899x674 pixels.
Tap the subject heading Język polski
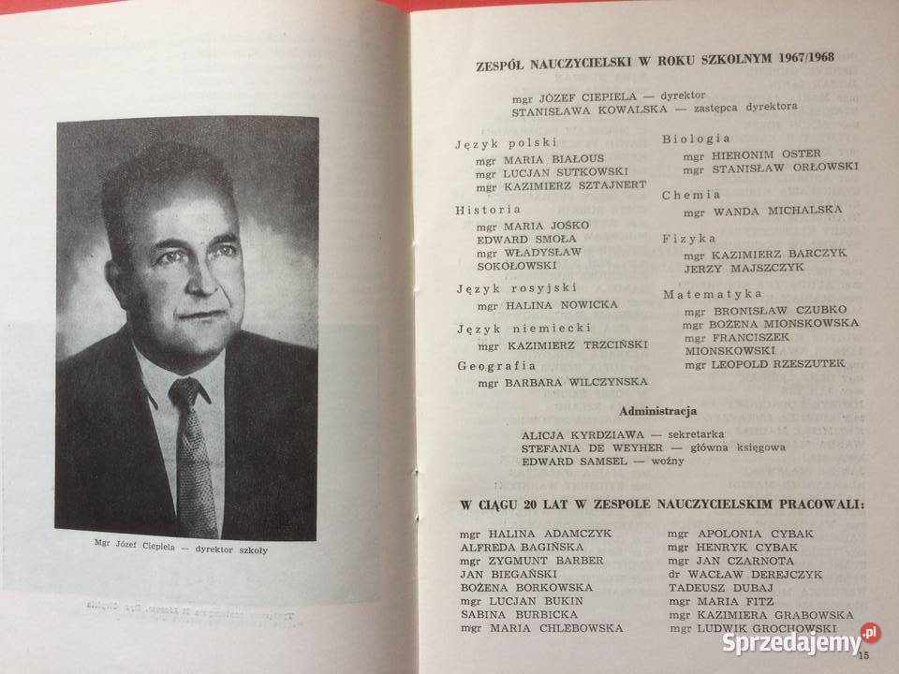(x=507, y=142)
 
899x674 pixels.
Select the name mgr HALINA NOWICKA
(x=547, y=305)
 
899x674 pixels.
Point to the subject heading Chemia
(x=691, y=195)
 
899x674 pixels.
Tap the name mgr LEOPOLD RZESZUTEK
(x=764, y=362)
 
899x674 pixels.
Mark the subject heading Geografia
(x=496, y=365)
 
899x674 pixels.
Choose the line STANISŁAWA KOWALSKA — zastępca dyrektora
(x=655, y=109)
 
